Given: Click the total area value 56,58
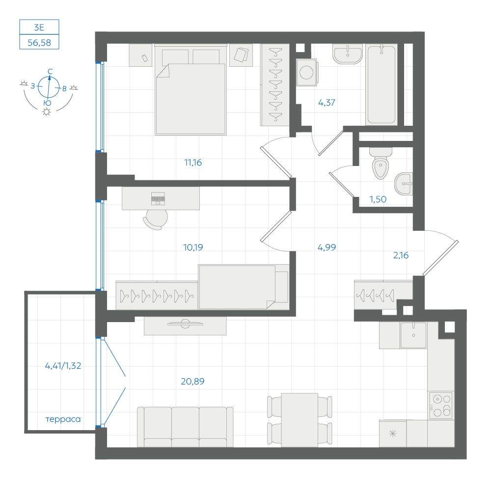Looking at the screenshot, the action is click(x=39, y=43).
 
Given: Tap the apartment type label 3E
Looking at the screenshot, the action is click(x=39, y=27).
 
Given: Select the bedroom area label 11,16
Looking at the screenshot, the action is click(x=193, y=163).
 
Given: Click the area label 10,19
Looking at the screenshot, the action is click(x=193, y=247).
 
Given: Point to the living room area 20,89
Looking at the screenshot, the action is click(x=192, y=381).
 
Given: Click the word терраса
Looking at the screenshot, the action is click(x=63, y=419).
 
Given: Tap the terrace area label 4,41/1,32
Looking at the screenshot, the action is click(x=63, y=365).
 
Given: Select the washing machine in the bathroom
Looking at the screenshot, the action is click(x=307, y=72).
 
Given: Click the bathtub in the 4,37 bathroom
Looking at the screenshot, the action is click(x=382, y=84).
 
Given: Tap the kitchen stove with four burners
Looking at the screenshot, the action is click(x=441, y=405).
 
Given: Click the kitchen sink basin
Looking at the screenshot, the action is click(x=413, y=335).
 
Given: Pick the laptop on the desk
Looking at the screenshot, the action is click(x=158, y=198).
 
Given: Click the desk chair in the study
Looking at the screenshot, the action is click(x=156, y=219).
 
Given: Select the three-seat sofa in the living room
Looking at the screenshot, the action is click(x=186, y=427).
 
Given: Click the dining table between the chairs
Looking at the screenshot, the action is click(x=300, y=420).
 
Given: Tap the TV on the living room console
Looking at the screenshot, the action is click(x=185, y=324).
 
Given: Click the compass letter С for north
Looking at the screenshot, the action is click(x=50, y=72).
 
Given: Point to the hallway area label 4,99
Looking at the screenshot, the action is click(x=327, y=247).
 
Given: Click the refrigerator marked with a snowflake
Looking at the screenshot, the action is click(x=393, y=434).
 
